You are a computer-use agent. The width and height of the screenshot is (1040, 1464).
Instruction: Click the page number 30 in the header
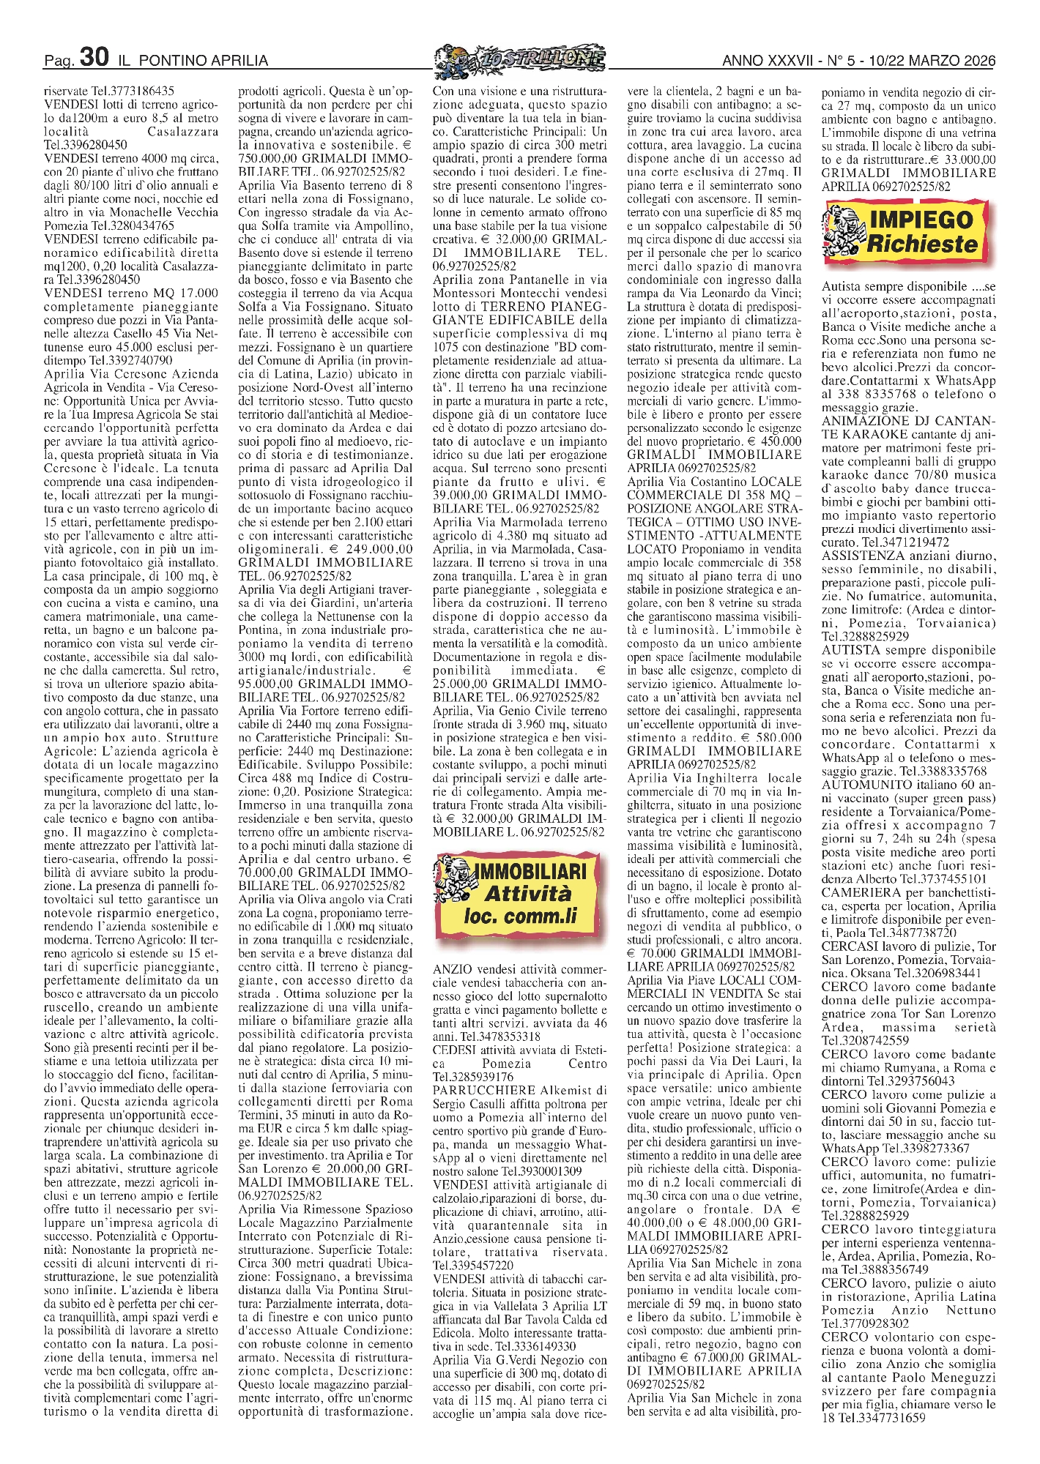(x=94, y=58)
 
